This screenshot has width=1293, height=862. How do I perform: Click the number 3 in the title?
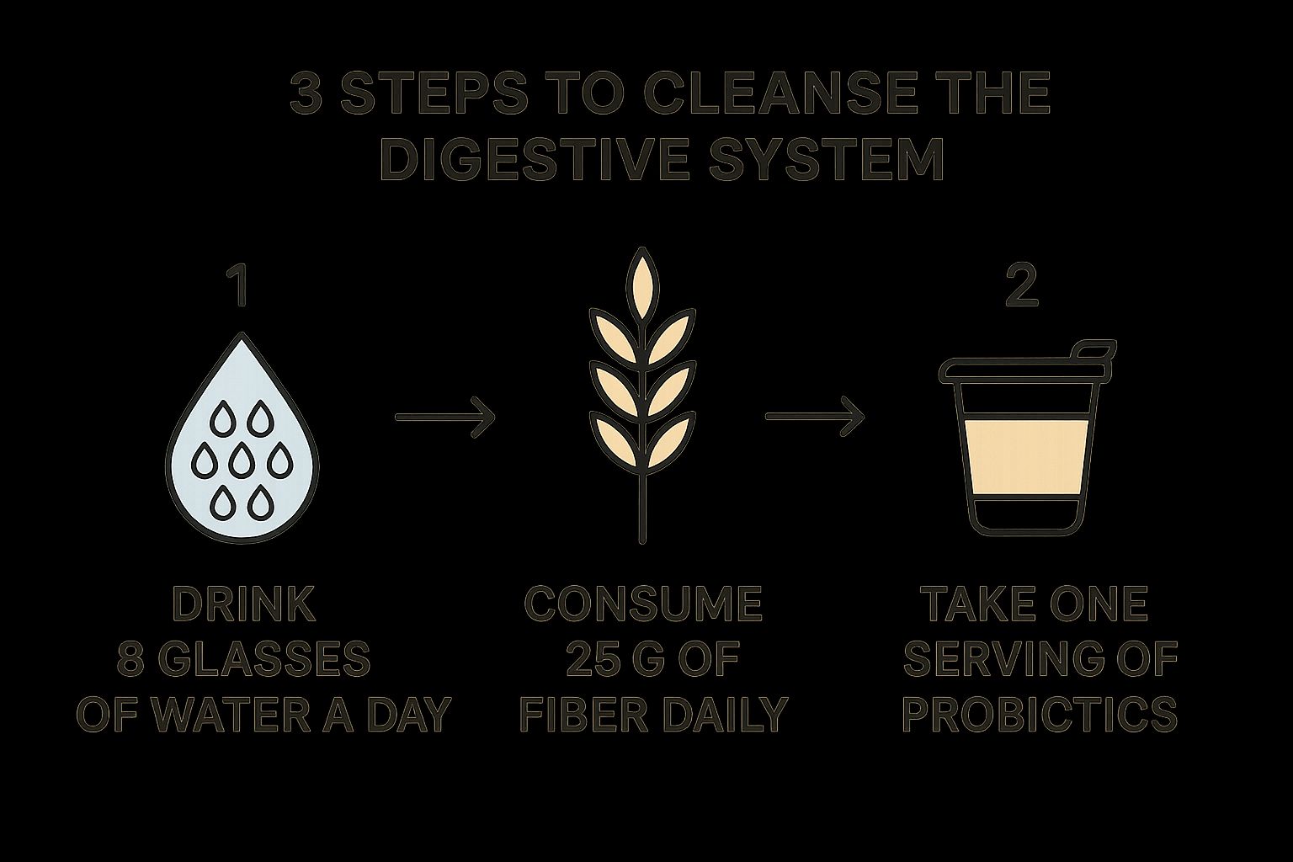coord(306,93)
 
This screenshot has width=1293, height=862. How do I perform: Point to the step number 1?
coord(241,287)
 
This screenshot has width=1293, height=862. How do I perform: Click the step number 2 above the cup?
coord(1022,287)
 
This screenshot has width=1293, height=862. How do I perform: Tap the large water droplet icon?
coord(242,439)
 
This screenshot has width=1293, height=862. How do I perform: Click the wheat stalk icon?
coord(642,396)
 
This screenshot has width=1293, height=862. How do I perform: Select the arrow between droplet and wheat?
coord(445,418)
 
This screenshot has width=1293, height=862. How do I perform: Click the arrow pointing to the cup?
coord(815,417)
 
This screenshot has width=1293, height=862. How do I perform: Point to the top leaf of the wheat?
coord(642,284)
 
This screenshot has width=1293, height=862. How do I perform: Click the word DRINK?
coord(244,604)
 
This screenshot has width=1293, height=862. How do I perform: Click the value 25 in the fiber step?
coord(586,658)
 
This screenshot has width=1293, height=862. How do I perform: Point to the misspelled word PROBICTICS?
coord(1040,713)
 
